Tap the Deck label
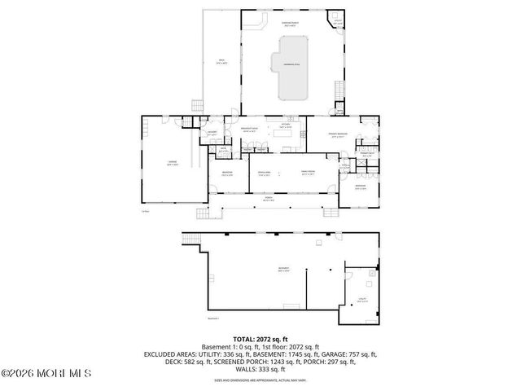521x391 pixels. (221, 60)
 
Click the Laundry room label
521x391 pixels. (210, 133)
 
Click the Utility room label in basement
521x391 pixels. (362, 301)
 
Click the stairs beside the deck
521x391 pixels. (195, 106)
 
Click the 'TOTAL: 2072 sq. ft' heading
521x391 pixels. (260, 338)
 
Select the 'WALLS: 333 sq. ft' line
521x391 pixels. (260, 369)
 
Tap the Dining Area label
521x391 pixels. (264, 174)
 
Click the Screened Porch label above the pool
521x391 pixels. (289, 23)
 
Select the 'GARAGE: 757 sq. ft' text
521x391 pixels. (354, 354)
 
